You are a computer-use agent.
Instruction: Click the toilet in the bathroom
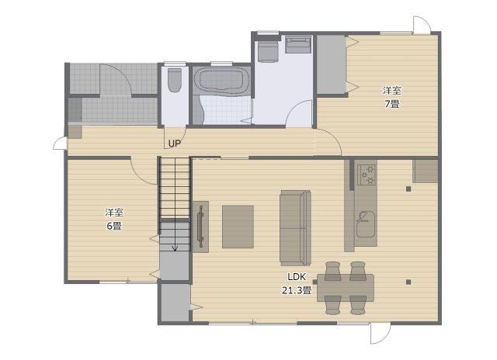[x=174, y=80]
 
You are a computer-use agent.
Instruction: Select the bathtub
[x=222, y=81]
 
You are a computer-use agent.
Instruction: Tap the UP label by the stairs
[x=174, y=144]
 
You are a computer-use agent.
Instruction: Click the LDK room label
[x=297, y=277]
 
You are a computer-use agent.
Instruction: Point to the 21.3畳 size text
[x=297, y=290]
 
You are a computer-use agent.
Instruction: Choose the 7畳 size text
[x=392, y=104]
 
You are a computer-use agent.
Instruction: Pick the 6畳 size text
[x=114, y=226]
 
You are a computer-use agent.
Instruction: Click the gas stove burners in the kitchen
[x=367, y=175]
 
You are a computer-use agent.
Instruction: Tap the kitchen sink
[x=366, y=224]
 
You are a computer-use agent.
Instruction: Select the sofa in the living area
[x=295, y=228]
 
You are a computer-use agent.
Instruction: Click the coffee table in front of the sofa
[x=238, y=227]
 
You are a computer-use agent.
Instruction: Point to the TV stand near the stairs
[x=201, y=227]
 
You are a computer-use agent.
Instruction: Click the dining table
[x=345, y=288]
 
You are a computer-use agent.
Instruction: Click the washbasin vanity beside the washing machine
[x=298, y=45]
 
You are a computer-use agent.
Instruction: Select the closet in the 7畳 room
[x=332, y=64]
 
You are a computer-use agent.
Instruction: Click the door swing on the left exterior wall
[x=61, y=143]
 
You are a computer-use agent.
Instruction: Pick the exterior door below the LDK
[x=381, y=333]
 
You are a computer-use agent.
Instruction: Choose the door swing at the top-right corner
[x=422, y=25]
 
